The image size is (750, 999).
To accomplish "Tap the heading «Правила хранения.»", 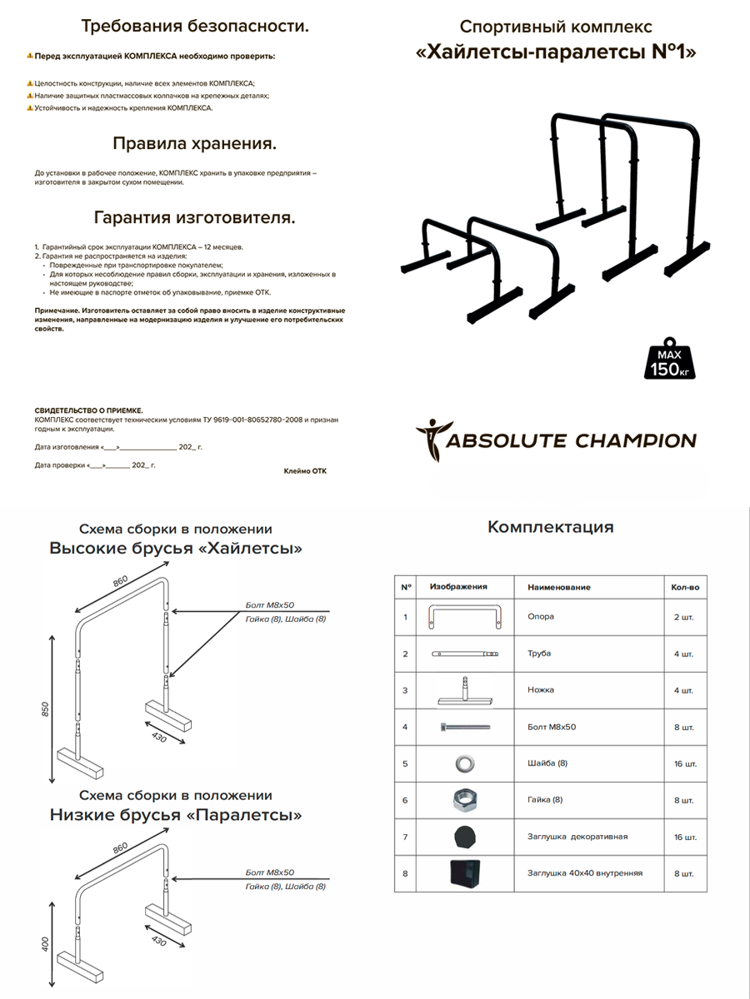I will [194, 143].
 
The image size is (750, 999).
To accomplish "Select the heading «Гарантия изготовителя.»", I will [194, 218].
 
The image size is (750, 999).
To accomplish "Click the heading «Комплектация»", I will [550, 527].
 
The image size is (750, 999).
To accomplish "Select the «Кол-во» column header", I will [685, 587].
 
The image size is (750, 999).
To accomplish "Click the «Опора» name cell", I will [541, 617].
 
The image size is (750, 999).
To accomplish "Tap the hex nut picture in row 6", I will [463, 800].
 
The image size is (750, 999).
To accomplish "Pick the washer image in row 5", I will [463, 763].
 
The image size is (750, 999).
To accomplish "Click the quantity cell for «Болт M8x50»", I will [684, 727].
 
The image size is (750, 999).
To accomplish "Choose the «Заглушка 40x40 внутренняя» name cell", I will [584, 873].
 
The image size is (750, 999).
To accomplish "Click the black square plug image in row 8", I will [462, 873].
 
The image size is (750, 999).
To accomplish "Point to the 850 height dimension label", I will [47, 708].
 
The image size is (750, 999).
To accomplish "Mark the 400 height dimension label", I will [47, 944].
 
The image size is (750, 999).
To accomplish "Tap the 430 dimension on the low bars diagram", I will [158, 938].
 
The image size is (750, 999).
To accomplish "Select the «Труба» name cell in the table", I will [539, 654].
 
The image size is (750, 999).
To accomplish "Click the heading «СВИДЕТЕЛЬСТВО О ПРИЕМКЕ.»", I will [88, 410].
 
